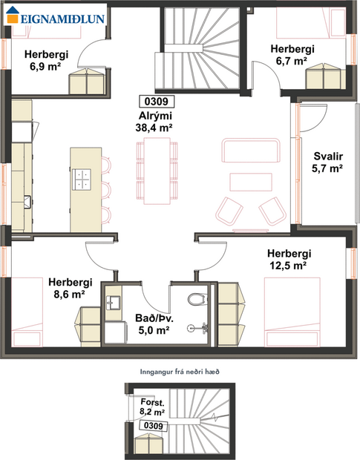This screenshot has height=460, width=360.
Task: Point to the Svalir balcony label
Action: [x=327, y=162]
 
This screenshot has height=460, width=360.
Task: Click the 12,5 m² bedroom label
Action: [x=289, y=259]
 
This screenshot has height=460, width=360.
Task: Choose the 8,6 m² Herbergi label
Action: [x=70, y=288]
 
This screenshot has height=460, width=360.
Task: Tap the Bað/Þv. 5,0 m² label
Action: [x=154, y=323]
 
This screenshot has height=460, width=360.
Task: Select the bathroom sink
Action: [x=114, y=302]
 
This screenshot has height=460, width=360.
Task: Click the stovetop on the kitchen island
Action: [x=82, y=178]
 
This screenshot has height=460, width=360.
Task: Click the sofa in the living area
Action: [x=251, y=151]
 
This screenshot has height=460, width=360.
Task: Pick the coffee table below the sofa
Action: [x=252, y=183]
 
